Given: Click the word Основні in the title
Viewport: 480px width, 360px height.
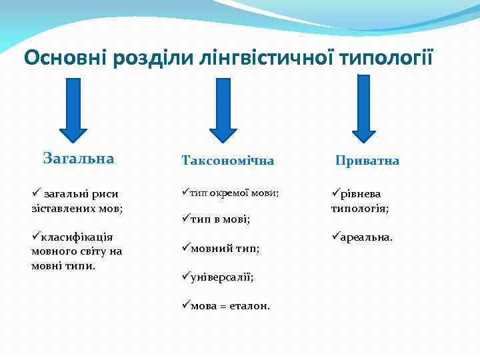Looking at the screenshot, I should point(66,57).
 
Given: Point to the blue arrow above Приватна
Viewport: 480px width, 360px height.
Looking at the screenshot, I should point(363,108).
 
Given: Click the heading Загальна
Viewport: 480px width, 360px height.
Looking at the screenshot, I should point(78,159).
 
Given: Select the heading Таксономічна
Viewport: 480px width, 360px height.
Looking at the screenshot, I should point(227,161).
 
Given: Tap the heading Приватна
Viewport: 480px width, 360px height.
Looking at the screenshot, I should point(367,161).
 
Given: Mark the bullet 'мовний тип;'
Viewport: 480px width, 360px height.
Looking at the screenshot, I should point(220,248).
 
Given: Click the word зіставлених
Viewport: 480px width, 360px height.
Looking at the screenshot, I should point(62,207).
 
